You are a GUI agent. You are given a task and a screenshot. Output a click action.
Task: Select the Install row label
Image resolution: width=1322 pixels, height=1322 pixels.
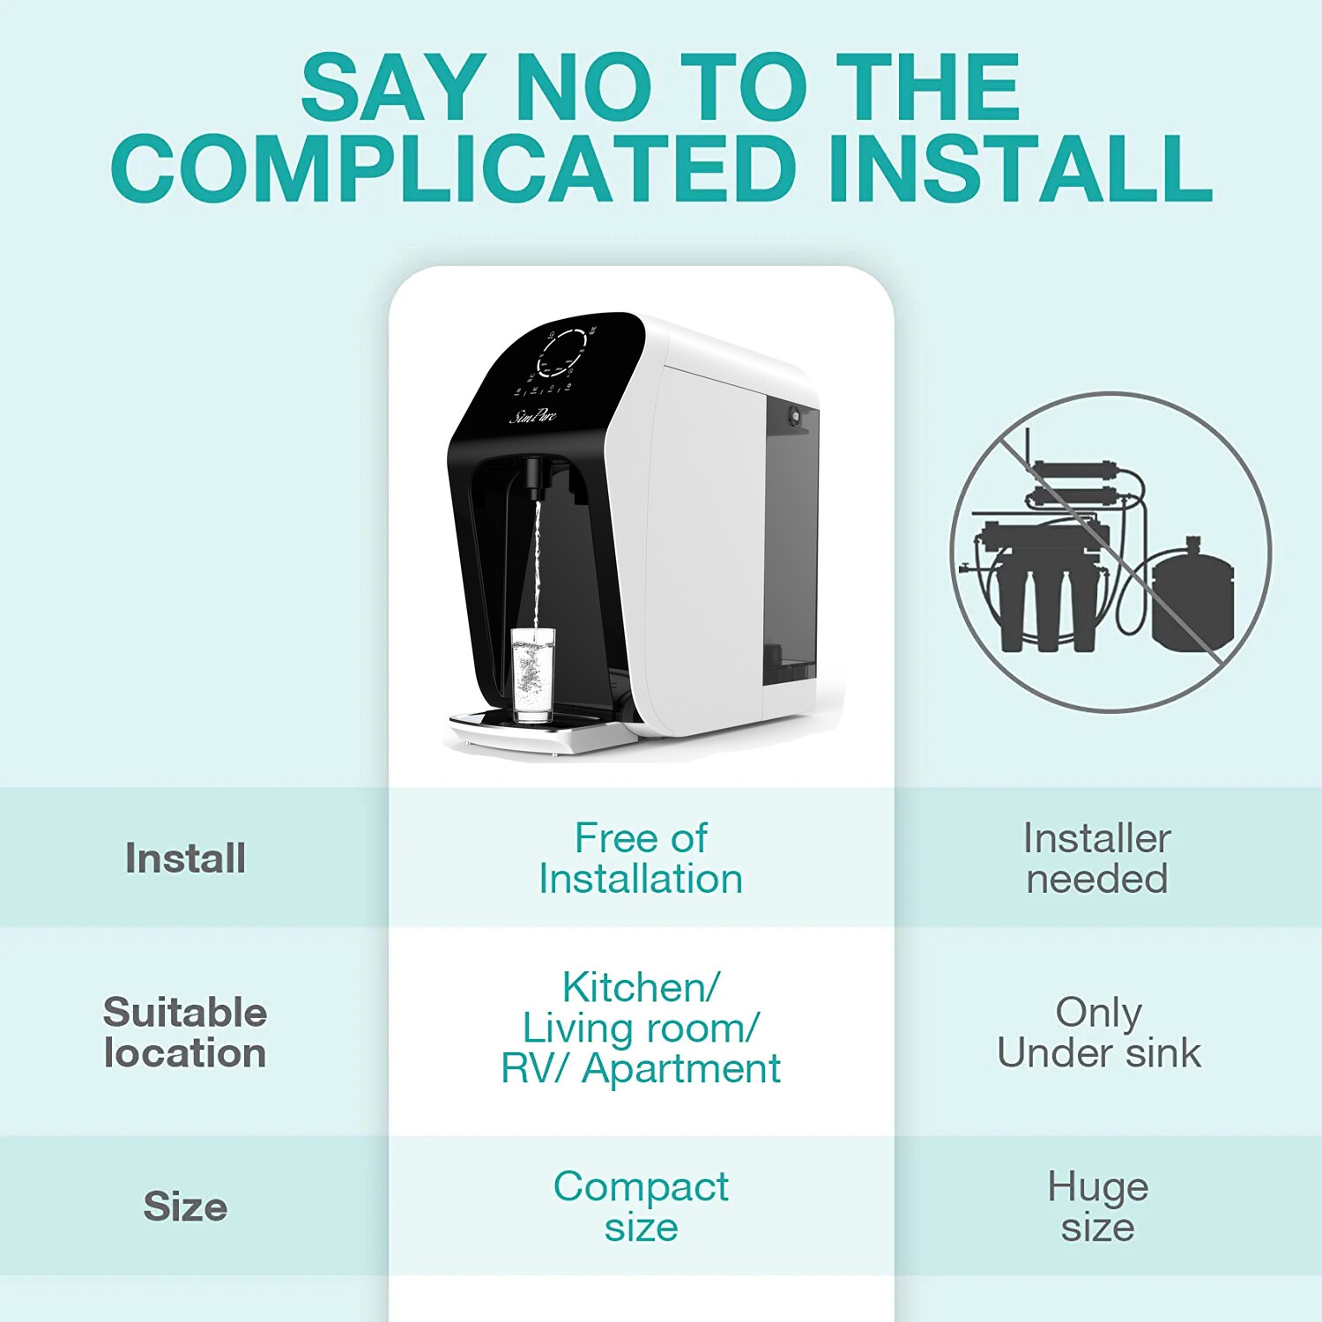[185, 858]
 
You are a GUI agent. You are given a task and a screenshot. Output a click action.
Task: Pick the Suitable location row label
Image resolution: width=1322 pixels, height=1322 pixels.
[185, 1032]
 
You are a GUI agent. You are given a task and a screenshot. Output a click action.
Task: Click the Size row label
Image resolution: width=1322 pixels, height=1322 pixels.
[185, 1206]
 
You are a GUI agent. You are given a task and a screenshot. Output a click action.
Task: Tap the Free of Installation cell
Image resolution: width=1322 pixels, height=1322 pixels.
[641, 858]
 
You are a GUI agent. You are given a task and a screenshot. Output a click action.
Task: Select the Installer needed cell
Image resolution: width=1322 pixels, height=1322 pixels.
[1097, 858]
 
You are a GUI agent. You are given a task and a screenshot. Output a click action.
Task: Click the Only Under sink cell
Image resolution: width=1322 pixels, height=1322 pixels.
[1098, 1032]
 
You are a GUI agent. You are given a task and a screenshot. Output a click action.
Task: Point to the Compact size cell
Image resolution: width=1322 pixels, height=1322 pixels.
[641, 1206]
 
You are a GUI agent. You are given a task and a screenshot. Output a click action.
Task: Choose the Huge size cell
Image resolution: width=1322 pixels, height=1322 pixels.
[1097, 1206]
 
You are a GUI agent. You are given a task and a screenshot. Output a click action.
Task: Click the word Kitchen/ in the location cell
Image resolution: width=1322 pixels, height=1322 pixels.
[641, 987]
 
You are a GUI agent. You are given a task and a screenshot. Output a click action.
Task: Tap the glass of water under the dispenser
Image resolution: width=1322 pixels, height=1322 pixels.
[533, 674]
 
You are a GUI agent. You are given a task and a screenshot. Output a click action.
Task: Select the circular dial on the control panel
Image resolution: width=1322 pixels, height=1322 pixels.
[561, 353]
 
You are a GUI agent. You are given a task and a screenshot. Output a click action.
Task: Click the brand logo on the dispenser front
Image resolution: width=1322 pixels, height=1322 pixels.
[533, 415]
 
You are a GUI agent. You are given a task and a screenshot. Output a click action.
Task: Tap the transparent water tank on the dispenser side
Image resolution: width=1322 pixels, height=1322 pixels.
[791, 538]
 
